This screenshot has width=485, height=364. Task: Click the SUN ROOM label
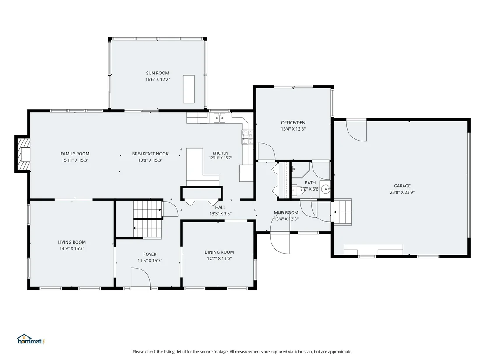(x=158, y=73)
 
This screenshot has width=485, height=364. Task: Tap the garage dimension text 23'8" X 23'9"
(x=402, y=192)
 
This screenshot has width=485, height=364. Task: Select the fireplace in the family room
(x=23, y=154)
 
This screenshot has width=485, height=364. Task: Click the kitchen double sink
(x=220, y=118)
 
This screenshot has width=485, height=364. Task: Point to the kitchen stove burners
(x=247, y=137)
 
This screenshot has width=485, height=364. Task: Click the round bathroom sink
(x=325, y=189)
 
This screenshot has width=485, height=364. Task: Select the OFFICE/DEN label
(x=293, y=123)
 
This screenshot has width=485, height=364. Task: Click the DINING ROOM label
(x=219, y=252)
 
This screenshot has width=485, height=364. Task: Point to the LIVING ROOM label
(x=72, y=242)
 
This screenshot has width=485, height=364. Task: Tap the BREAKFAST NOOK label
(x=150, y=154)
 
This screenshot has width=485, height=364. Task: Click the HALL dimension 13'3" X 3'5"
(x=220, y=214)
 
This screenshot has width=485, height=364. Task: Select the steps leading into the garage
(x=342, y=212)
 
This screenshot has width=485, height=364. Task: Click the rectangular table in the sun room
(x=189, y=89)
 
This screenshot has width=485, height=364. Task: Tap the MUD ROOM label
(x=286, y=212)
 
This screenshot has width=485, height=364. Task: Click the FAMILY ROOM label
(x=75, y=154)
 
